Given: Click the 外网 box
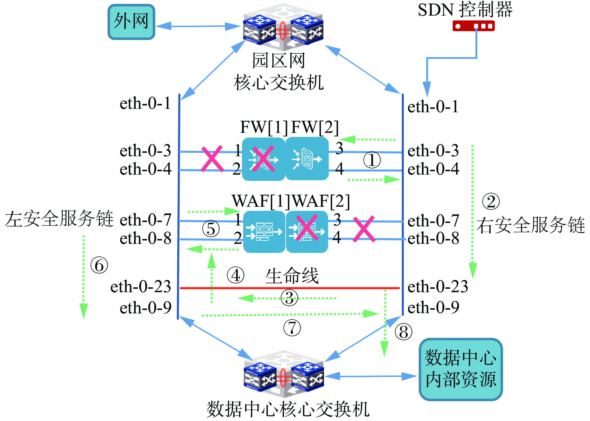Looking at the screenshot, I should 131,22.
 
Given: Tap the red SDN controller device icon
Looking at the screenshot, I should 473,26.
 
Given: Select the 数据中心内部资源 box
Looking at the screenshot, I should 460,369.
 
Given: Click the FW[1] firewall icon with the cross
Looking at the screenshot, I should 263,159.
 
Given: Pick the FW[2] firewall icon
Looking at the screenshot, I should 307,159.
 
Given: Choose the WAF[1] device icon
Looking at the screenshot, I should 264,232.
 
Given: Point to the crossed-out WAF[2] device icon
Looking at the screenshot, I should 307,232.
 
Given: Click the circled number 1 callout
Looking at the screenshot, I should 372,160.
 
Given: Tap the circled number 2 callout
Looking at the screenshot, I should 491,201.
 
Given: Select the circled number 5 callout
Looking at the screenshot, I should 211,229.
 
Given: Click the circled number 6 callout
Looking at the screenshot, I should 99,265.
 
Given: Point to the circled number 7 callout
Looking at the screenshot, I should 292,328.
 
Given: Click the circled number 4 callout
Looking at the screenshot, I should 235,275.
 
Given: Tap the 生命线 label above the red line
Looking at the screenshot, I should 292,276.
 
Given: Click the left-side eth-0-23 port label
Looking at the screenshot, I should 141,287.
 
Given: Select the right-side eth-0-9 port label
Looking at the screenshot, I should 433,307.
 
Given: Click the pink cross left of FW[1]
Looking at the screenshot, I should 212,159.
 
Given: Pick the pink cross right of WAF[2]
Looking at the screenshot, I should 364,229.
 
